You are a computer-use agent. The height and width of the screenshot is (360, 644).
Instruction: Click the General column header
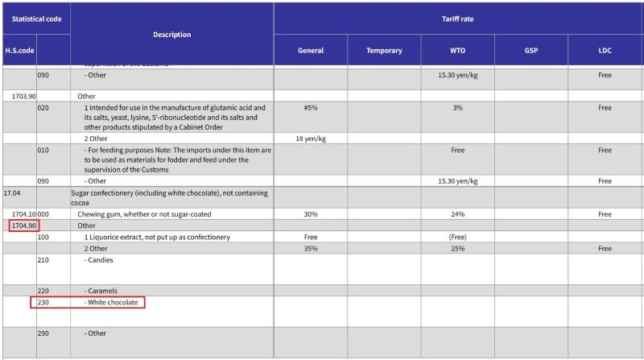(x=311, y=51)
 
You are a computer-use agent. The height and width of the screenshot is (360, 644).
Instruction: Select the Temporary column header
(x=384, y=51)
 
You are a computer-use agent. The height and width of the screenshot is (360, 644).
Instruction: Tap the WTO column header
(x=457, y=51)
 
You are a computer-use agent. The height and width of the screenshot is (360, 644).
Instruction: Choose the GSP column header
(x=530, y=51)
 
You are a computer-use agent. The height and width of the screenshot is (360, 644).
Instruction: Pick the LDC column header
(x=605, y=51)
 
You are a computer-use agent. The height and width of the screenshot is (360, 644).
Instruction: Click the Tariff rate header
(x=457, y=19)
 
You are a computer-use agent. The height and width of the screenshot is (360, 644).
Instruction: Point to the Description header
(x=171, y=35)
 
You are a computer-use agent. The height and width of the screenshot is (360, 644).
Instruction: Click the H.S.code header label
(x=19, y=51)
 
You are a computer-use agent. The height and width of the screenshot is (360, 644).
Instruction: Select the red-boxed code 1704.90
(x=23, y=226)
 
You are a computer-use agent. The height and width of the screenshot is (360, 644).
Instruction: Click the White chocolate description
(x=113, y=303)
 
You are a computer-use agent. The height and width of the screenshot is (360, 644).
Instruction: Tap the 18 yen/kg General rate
(x=310, y=139)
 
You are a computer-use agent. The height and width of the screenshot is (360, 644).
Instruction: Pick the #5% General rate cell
(x=310, y=107)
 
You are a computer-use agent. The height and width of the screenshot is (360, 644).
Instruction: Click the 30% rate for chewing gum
(x=310, y=214)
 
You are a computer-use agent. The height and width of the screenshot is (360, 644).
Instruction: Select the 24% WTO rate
(x=457, y=214)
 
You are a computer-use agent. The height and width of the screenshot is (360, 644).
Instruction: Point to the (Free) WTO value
(x=457, y=238)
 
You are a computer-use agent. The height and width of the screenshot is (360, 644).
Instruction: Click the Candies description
(x=101, y=261)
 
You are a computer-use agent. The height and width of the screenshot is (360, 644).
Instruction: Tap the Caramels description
(x=102, y=291)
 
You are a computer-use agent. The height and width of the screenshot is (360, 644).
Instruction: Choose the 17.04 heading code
(x=12, y=193)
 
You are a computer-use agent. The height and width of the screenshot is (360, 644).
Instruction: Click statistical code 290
(x=43, y=333)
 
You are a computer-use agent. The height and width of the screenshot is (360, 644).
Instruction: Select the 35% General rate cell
(x=310, y=249)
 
